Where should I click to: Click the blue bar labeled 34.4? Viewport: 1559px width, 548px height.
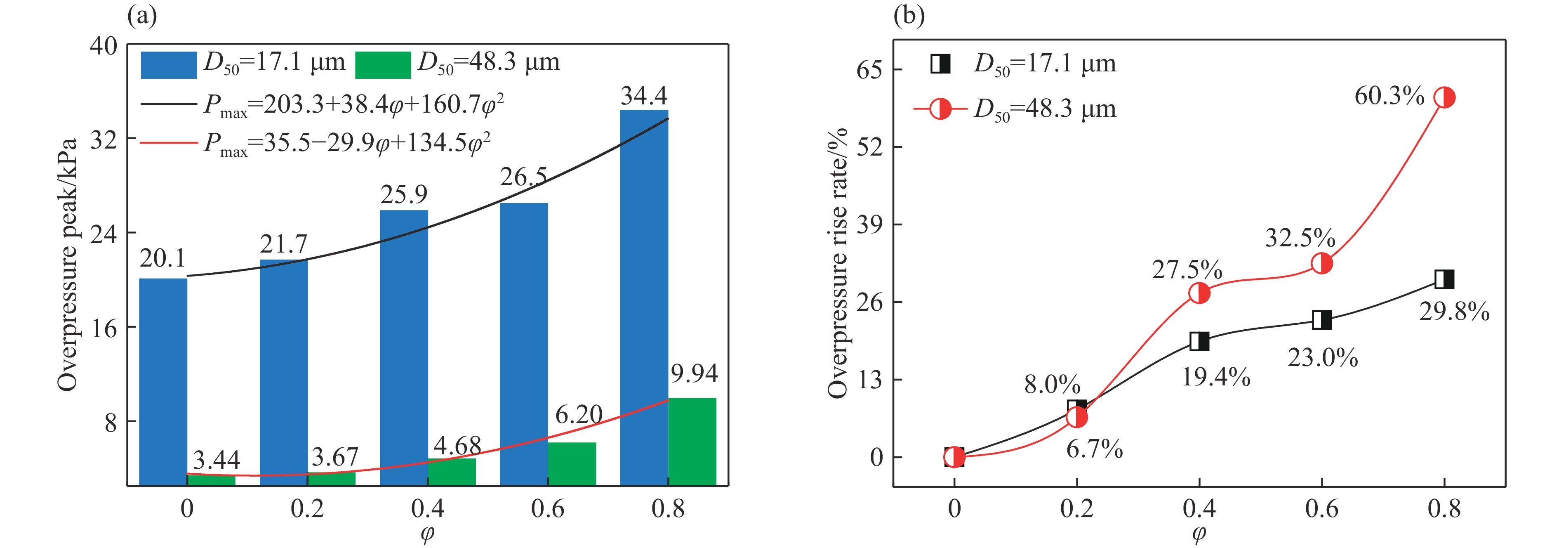pos(644,297)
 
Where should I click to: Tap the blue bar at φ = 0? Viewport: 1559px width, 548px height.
pos(163,381)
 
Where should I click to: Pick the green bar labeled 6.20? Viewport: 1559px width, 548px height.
pos(572,464)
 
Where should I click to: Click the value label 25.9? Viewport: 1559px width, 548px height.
pos(404,194)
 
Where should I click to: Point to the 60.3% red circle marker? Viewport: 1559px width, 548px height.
pos(1444,97)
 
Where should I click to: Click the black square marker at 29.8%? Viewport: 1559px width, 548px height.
pos(1444,279)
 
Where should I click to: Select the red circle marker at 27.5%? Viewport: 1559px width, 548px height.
pos(1199,293)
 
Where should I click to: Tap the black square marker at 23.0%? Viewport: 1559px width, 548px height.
pos(1322,320)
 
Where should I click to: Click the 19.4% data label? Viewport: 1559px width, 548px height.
pos(1216,377)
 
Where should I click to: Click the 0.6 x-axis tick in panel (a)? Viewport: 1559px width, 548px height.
pos(548,509)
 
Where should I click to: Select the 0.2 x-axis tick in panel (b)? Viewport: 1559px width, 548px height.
pos(1076,509)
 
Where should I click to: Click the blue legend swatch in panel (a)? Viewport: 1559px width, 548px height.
pos(169,65)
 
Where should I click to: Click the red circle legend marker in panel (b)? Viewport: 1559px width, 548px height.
pos(940,109)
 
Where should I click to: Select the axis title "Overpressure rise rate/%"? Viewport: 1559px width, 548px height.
pos(838,263)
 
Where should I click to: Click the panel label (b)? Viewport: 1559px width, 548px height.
pos(909,16)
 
